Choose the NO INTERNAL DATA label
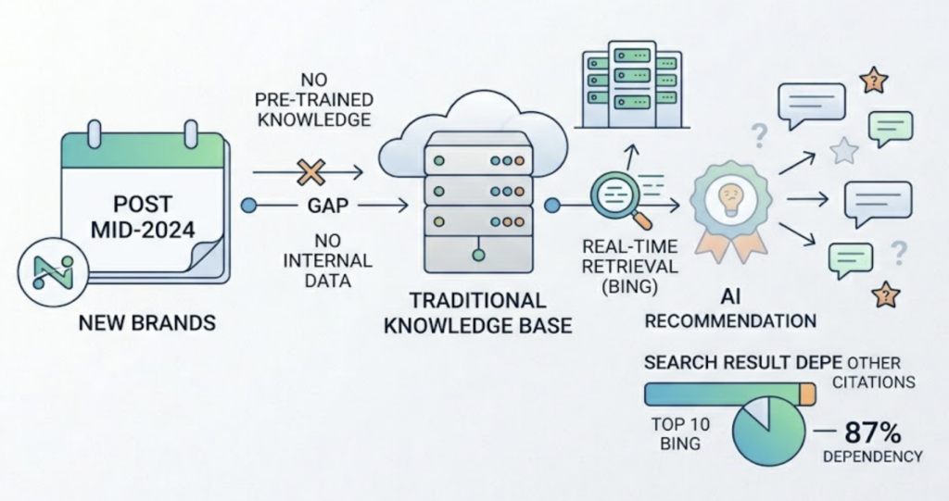(316, 260)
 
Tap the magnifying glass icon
(613, 196)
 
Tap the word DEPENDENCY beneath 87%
(872, 456)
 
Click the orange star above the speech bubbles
(872, 81)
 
